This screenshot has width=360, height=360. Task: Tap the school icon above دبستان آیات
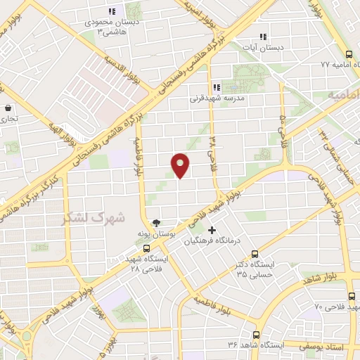[x=263, y=37]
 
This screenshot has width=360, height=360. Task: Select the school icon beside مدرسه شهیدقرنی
[x=217, y=87]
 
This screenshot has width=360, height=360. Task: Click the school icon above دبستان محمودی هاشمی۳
[x=111, y=11]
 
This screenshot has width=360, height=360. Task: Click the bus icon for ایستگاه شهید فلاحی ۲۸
[x=146, y=247]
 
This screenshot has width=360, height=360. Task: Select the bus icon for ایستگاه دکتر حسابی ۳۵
[x=255, y=254]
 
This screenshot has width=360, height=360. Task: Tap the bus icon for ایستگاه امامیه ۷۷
[x=349, y=54]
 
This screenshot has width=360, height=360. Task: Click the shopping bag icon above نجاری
[x=8, y=108]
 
